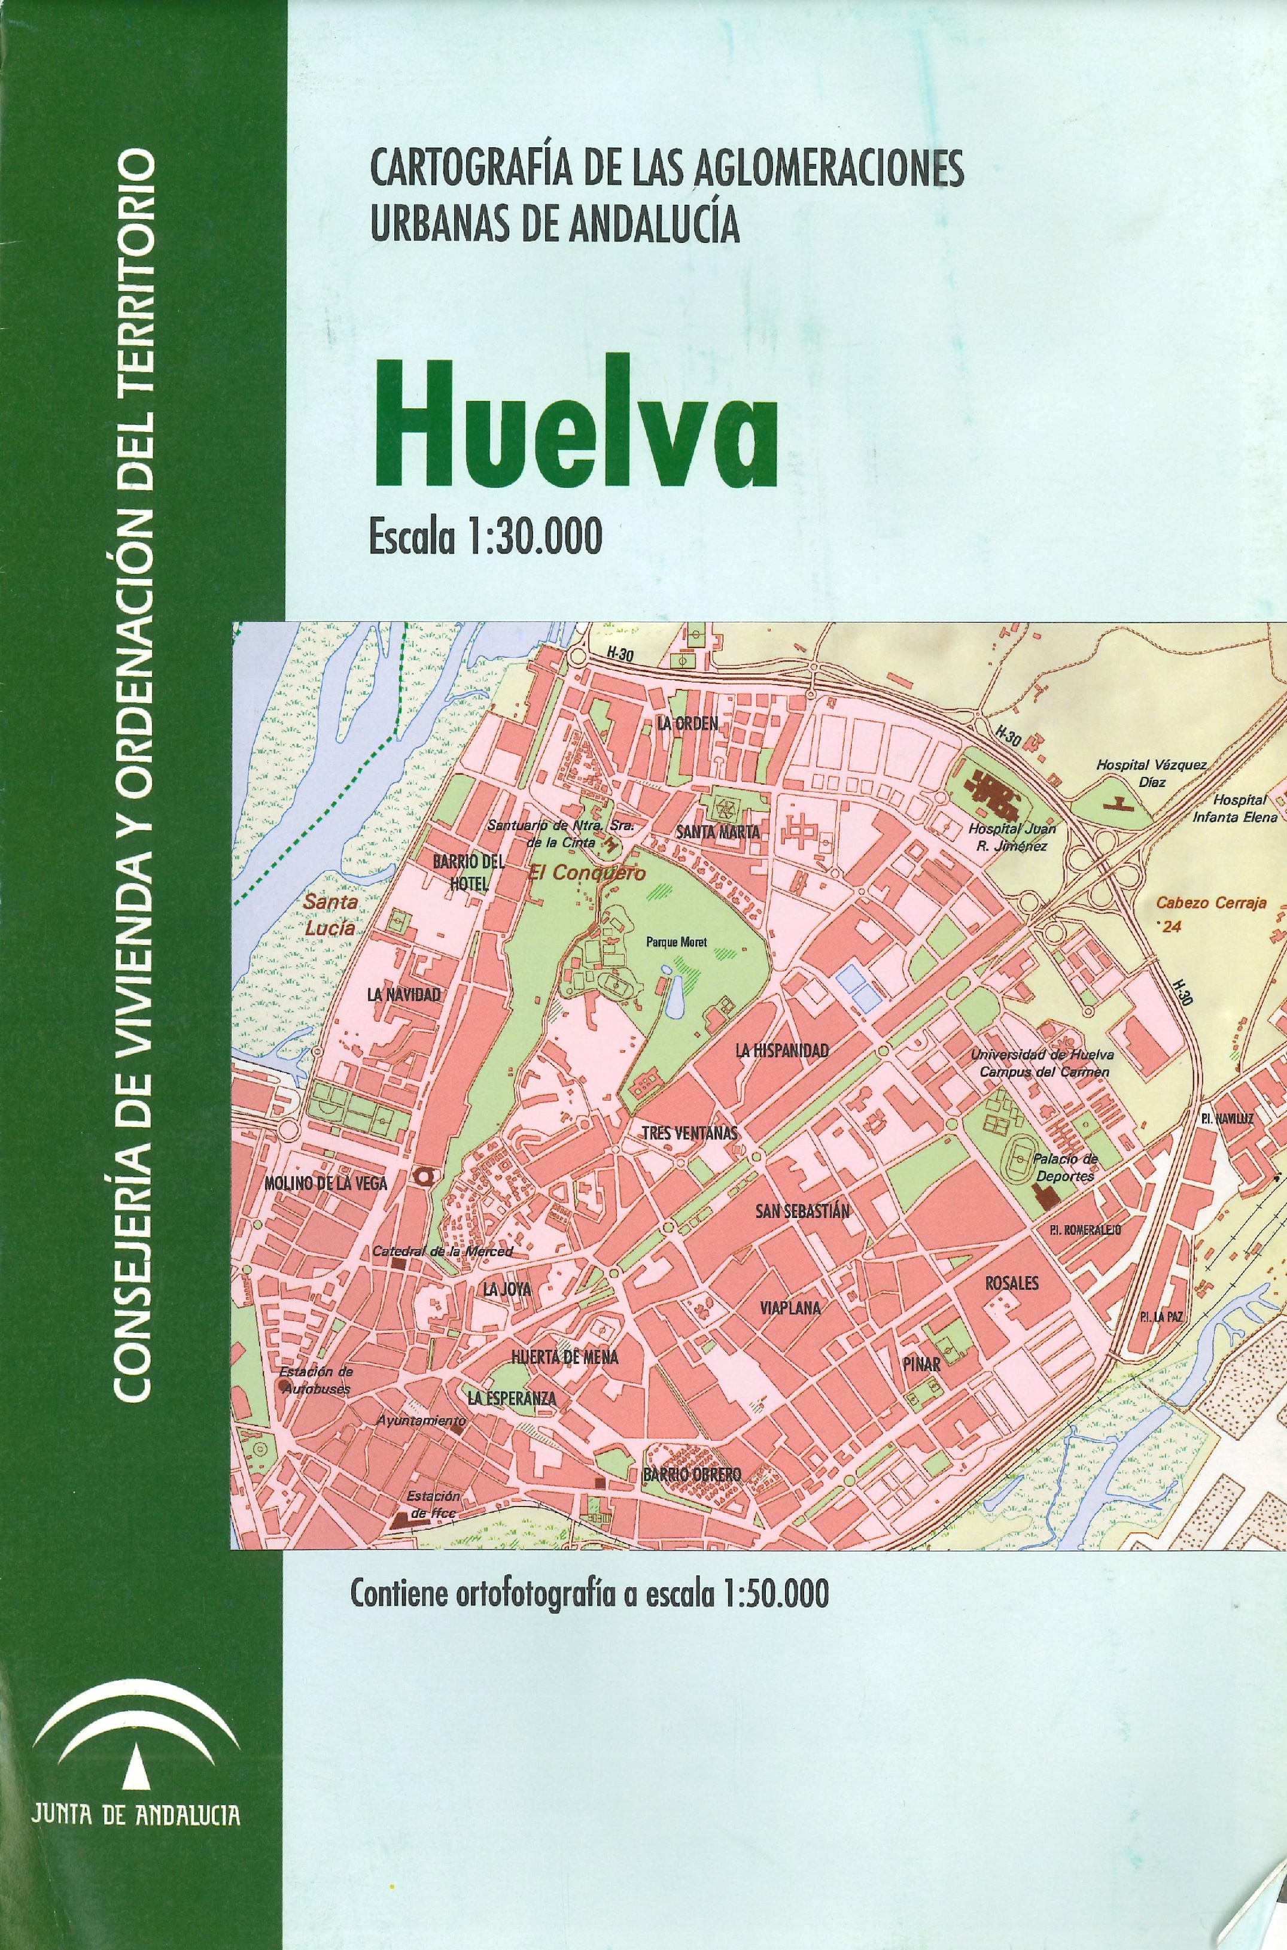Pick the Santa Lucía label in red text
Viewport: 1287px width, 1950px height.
(331, 914)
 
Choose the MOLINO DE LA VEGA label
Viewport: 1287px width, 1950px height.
(325, 1183)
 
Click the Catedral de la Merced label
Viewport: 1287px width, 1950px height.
(442, 1252)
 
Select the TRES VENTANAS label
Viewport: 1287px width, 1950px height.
(689, 1133)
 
